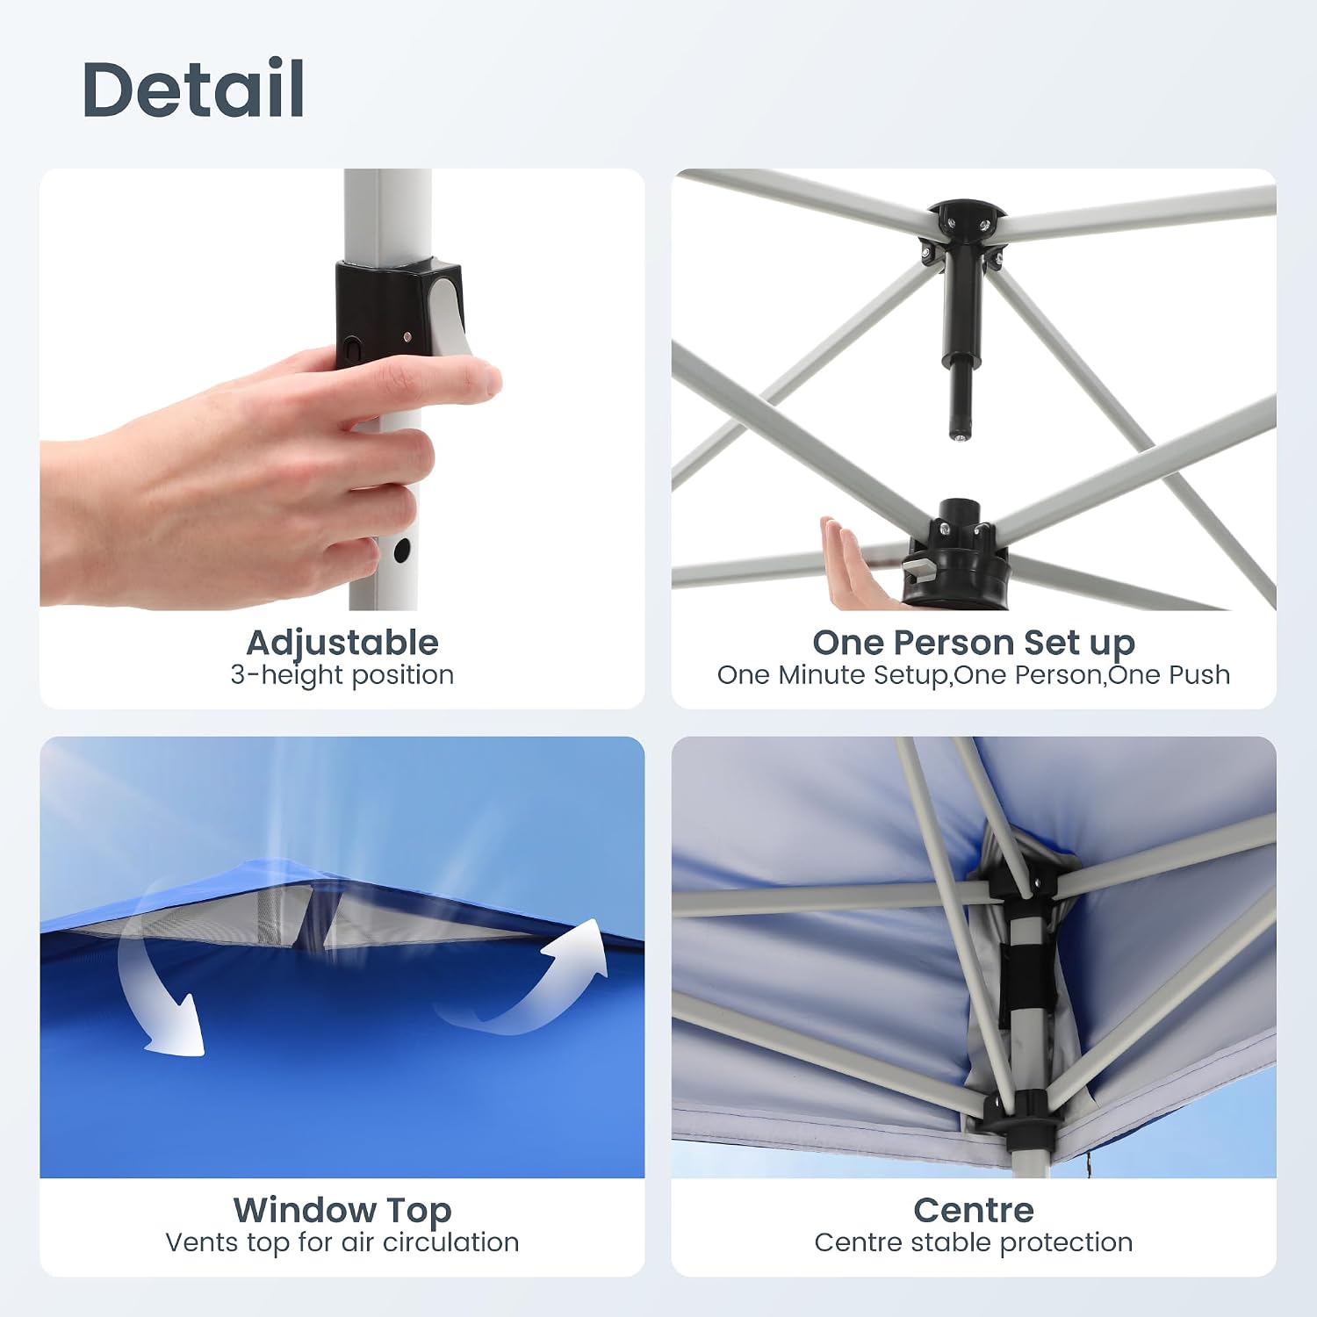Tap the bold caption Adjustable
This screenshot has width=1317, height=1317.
pos(342,643)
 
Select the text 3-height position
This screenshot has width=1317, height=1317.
pos(342,675)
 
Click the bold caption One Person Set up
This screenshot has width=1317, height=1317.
pos(974,644)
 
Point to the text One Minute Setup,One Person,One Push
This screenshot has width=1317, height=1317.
pos(974,675)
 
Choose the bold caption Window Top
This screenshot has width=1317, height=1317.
pos(342,1211)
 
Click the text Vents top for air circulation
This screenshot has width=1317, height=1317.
pos(342,1242)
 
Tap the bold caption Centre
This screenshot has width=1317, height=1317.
pos(974,1210)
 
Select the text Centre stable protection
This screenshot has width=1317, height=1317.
pos(974,1242)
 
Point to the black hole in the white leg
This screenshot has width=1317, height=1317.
pos(402,551)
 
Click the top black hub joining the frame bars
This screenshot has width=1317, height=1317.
pos(965,230)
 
